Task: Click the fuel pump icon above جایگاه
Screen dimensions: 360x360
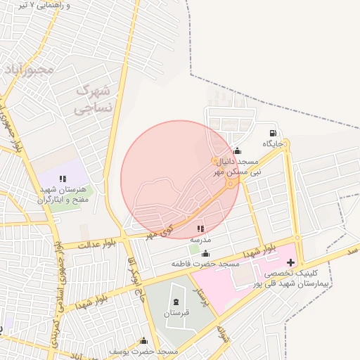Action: [273, 133]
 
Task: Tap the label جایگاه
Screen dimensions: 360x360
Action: [273, 143]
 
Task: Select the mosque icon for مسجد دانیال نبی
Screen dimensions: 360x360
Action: [236, 150]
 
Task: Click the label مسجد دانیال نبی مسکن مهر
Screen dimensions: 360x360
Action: [237, 166]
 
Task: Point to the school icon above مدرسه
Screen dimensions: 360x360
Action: [201, 228]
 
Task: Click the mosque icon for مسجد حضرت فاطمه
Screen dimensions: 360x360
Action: [205, 254]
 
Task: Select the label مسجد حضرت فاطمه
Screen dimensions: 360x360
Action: [205, 264]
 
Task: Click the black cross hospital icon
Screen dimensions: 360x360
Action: [290, 262]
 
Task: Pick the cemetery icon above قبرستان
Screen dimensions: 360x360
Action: [174, 302]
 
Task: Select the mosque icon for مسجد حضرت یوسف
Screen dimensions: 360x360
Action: [144, 340]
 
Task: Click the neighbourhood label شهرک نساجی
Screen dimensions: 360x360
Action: [93, 100]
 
